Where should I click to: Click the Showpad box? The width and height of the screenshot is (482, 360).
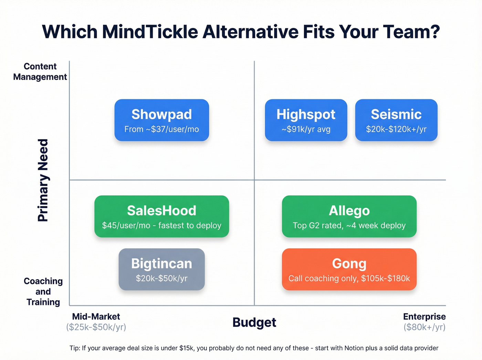[x=161, y=120]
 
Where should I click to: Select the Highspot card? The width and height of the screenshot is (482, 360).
[x=306, y=120]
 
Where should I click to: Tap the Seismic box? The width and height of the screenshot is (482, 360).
[x=396, y=120]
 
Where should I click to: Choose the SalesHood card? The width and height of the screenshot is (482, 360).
[x=161, y=216]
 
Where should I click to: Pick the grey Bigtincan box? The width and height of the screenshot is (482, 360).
[x=161, y=269]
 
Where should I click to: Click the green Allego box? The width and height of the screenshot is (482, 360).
[x=349, y=216]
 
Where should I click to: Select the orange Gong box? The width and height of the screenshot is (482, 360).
[x=349, y=269]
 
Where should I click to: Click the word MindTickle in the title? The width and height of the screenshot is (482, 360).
[x=150, y=32]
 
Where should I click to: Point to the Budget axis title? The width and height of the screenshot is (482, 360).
[x=254, y=322]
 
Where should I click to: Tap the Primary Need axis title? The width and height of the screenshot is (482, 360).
[x=43, y=180]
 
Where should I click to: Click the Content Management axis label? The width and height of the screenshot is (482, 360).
[x=40, y=72]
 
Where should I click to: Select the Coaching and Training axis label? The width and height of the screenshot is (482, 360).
[x=43, y=291]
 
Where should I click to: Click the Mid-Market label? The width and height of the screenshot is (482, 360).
[x=96, y=317]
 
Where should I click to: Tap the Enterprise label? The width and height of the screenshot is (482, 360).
[x=424, y=317]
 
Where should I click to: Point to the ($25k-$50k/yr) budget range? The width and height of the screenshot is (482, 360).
[x=96, y=327]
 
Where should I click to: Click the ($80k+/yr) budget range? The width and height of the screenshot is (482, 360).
[x=424, y=327]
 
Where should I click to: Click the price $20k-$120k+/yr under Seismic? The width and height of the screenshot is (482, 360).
[x=396, y=129]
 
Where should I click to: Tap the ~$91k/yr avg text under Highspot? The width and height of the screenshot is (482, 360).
[x=306, y=129]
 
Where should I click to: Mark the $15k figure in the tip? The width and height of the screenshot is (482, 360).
[x=186, y=348]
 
